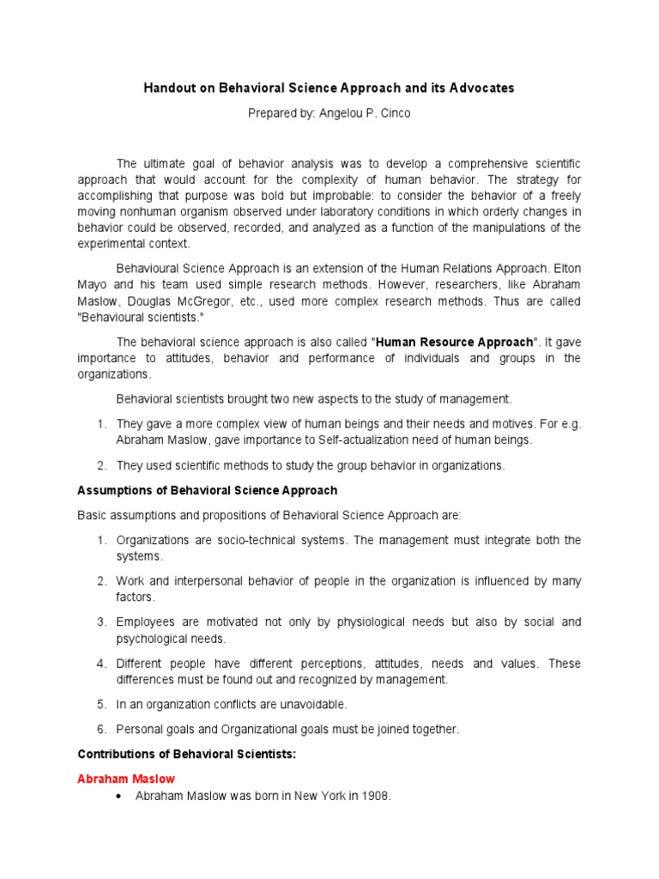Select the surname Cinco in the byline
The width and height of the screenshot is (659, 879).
(x=392, y=113)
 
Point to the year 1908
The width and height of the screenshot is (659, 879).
(x=373, y=796)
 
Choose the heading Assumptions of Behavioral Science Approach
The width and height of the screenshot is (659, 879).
(x=208, y=490)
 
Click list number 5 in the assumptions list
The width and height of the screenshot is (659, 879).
(x=100, y=704)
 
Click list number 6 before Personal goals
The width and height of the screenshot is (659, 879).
(x=100, y=729)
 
